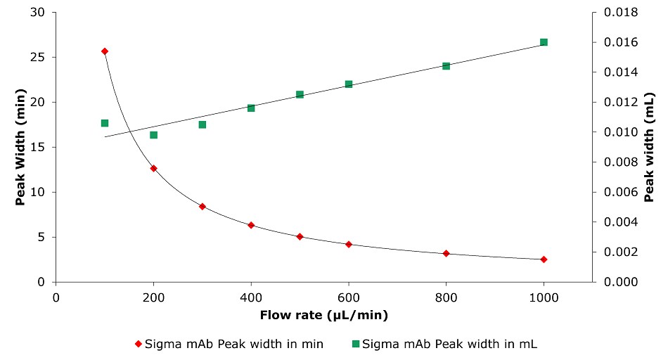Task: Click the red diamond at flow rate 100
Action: (x=105, y=51)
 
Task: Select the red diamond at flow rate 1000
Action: (x=544, y=259)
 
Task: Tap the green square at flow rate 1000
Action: (x=544, y=42)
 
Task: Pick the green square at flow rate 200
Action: (x=153, y=135)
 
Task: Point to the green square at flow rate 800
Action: (x=446, y=66)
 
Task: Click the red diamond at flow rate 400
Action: (x=251, y=225)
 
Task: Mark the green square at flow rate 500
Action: (x=300, y=94)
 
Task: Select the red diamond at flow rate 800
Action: (x=446, y=253)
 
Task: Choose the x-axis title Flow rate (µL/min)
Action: (x=324, y=314)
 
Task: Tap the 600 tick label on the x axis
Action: (x=349, y=296)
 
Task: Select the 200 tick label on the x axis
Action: (x=153, y=296)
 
